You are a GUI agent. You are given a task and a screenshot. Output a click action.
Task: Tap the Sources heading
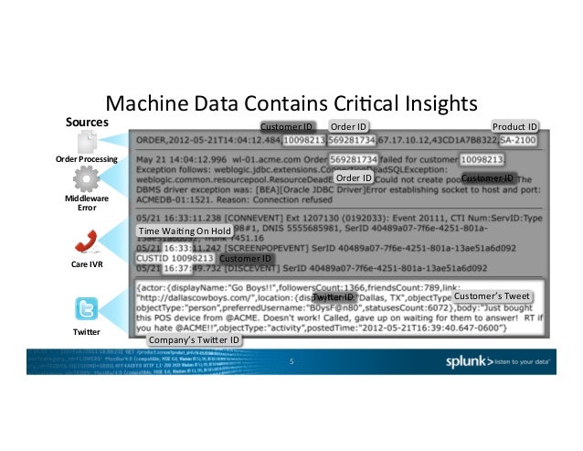pos(86,122)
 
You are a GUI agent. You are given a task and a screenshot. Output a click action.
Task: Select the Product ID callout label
pos(514,126)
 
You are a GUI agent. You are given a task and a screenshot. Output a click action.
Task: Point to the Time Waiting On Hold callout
pos(184,233)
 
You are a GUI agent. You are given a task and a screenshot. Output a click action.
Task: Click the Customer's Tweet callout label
pos(492,296)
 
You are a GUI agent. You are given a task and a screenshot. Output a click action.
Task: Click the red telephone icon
pos(87,241)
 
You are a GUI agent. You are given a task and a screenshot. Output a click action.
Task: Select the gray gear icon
pos(86,177)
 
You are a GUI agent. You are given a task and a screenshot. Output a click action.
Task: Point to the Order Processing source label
pos(87,159)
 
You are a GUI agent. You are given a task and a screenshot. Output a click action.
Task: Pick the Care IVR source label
pos(87,264)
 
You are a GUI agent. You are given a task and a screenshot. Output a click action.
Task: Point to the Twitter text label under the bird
pos(86,330)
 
